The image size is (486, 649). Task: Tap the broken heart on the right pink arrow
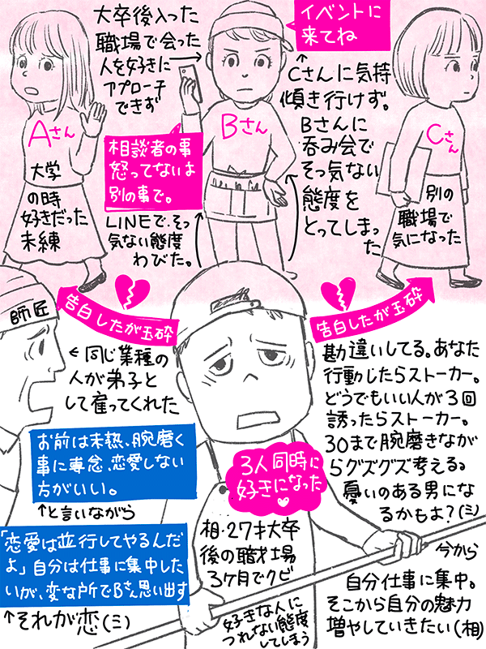pos(337,290)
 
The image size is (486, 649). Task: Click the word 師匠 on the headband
pos(24,312)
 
